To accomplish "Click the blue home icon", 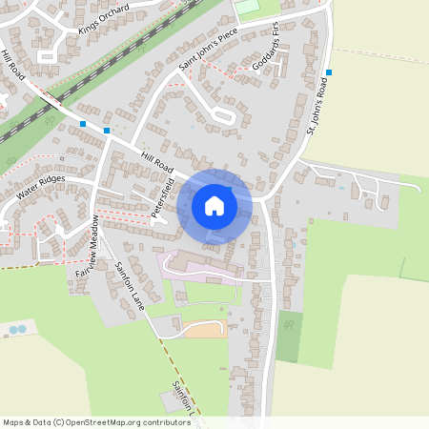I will click(214, 206).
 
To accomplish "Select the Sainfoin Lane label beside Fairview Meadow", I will click(130, 286).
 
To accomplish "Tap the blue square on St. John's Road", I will click(328, 72).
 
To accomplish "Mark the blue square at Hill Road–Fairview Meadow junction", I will click(107, 131).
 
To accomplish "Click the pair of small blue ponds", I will click(17, 330).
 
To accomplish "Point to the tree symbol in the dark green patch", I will click(288, 327).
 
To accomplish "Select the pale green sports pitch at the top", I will click(247, 7).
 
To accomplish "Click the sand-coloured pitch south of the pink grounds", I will click(205, 330).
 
